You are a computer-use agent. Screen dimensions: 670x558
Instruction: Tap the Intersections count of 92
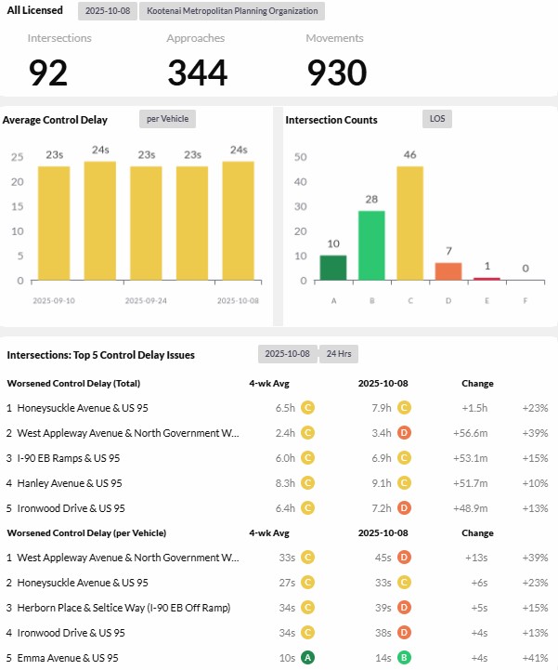pyautogui.click(x=48, y=72)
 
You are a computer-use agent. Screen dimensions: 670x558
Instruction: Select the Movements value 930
pyautogui.click(x=337, y=72)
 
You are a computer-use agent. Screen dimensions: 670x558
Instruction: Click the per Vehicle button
pyautogui.click(x=167, y=119)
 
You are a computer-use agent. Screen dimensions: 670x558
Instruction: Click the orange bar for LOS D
pyautogui.click(x=448, y=270)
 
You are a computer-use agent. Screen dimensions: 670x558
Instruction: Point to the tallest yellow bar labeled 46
pyautogui.click(x=409, y=223)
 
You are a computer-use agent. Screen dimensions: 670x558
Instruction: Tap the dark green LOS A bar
pyautogui.click(x=333, y=268)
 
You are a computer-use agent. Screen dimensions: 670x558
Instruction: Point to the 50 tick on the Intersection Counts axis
pyautogui.click(x=300, y=157)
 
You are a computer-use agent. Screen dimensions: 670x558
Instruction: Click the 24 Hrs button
pyautogui.click(x=338, y=354)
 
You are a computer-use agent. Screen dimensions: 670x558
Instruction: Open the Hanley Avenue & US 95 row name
pyautogui.click(x=70, y=483)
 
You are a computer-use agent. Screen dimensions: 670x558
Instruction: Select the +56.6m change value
pyautogui.click(x=474, y=433)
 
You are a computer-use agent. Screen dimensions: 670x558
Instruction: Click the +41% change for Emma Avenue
pyautogui.click(x=535, y=658)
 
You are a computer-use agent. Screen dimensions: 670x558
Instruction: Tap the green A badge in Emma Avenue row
pyautogui.click(x=308, y=658)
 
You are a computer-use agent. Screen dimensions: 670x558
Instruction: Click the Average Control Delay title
pyautogui.click(x=55, y=120)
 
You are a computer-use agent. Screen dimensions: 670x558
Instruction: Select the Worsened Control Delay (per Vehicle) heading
pyautogui.click(x=86, y=532)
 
